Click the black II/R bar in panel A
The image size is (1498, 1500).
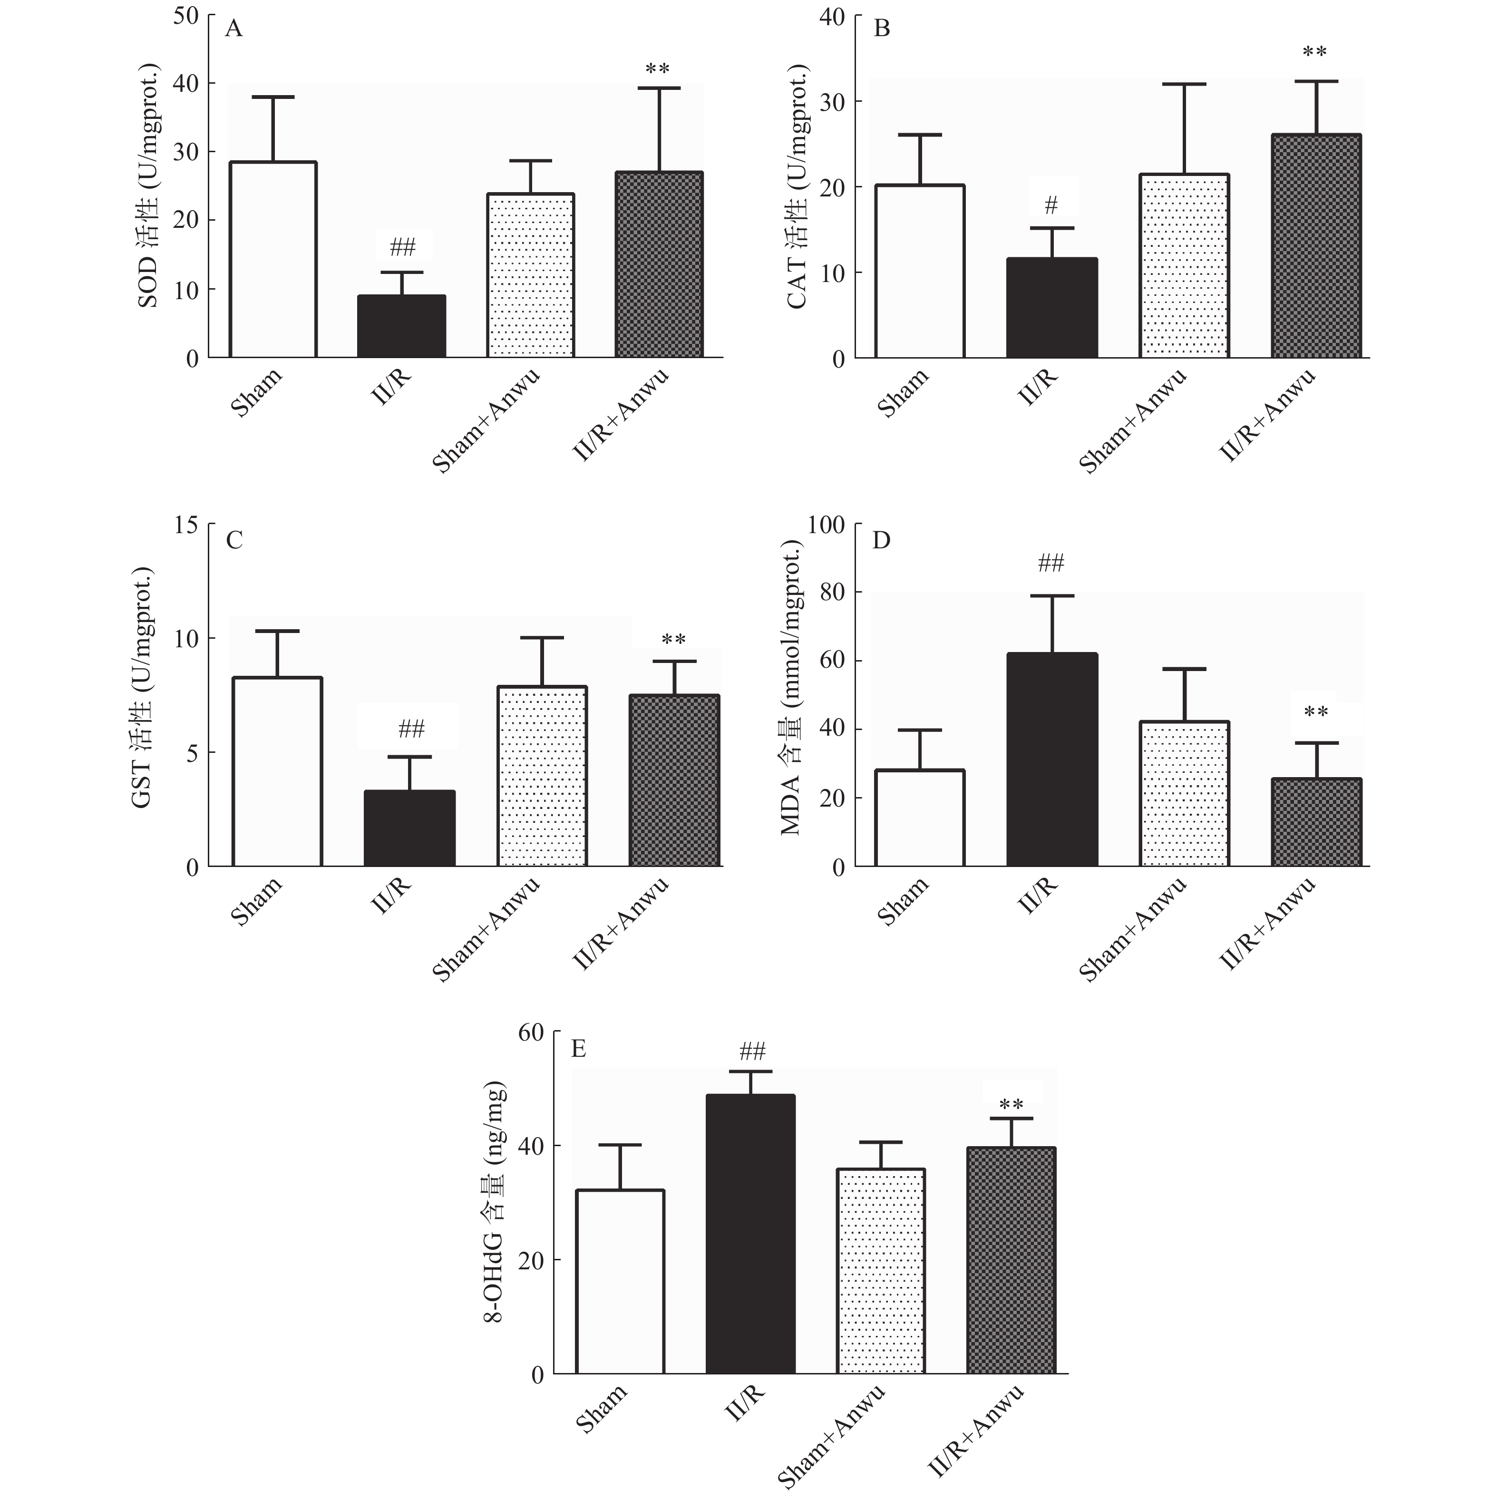(x=401, y=326)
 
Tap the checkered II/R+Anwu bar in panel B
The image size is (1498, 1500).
(x=1316, y=246)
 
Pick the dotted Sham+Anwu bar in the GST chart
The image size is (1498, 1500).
(x=542, y=777)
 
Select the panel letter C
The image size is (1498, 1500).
(x=234, y=540)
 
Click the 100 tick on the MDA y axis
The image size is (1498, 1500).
(x=826, y=526)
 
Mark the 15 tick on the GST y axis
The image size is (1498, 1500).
(x=186, y=526)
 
